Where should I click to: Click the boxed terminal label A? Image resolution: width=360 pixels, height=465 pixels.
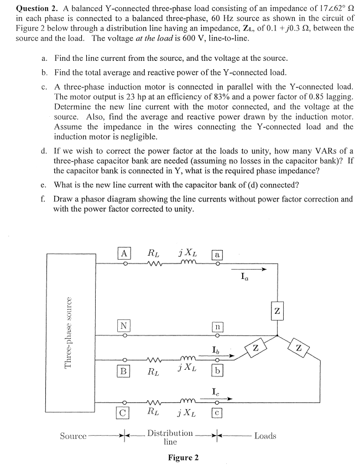coord(125,254)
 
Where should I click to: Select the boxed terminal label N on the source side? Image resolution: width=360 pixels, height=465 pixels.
coord(125,325)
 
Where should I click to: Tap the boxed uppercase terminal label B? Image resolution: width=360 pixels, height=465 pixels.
coord(125,371)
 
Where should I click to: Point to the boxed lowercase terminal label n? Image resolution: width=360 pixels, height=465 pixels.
coord(217,325)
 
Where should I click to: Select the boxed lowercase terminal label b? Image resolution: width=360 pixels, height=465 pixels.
coord(217,371)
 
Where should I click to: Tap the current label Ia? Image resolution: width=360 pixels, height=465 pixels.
coord(245,276)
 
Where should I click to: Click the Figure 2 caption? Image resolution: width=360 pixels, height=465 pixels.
coord(183,457)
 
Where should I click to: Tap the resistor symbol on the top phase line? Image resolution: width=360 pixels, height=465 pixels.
coord(154,264)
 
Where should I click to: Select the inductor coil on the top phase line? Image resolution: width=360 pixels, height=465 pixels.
coord(185,263)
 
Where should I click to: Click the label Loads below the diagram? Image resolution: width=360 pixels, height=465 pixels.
coord(265,436)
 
